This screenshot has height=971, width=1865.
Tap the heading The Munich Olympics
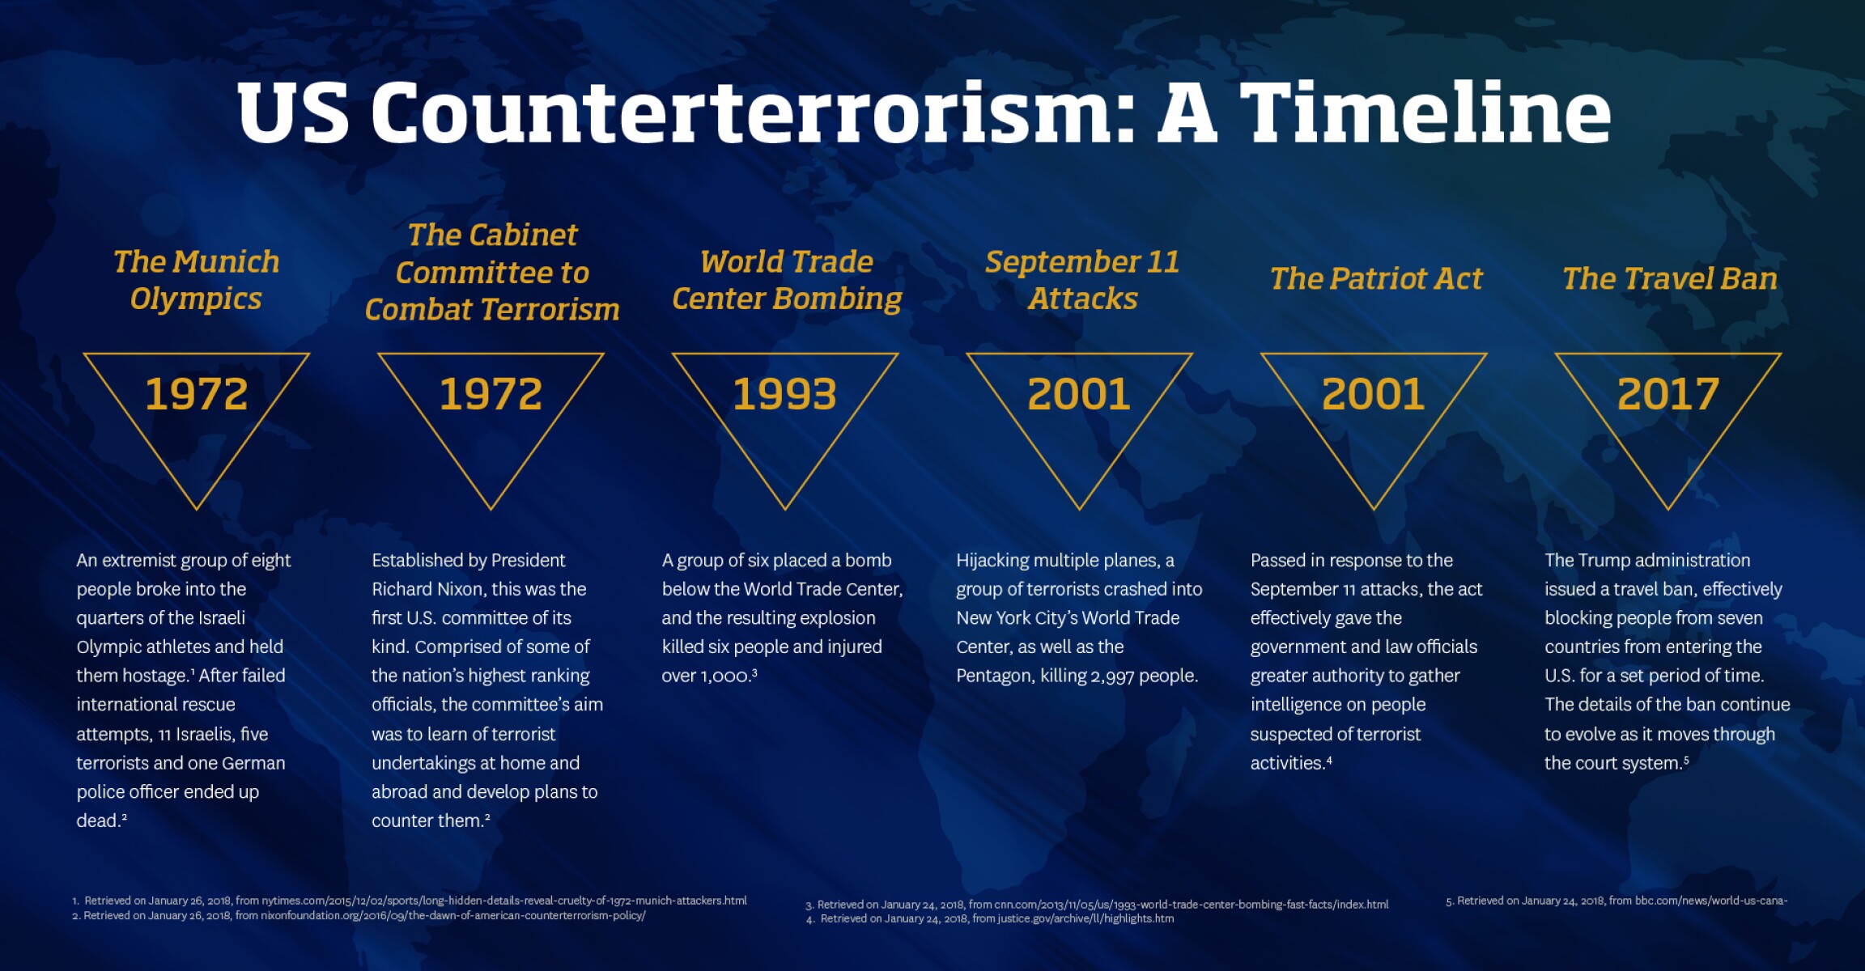(x=196, y=280)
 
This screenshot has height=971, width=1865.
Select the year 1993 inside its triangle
(x=784, y=395)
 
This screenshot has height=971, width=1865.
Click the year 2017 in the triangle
(x=1667, y=395)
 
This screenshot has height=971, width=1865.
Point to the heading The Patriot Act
(x=1375, y=279)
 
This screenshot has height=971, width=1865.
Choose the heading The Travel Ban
(x=1669, y=279)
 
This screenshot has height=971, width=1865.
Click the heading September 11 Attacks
(x=1081, y=280)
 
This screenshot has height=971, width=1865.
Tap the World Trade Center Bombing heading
(x=786, y=280)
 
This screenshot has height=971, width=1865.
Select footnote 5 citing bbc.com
(x=1616, y=901)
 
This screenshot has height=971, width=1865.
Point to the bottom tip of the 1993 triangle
(x=784, y=508)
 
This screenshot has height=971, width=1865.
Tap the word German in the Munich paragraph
(x=254, y=763)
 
